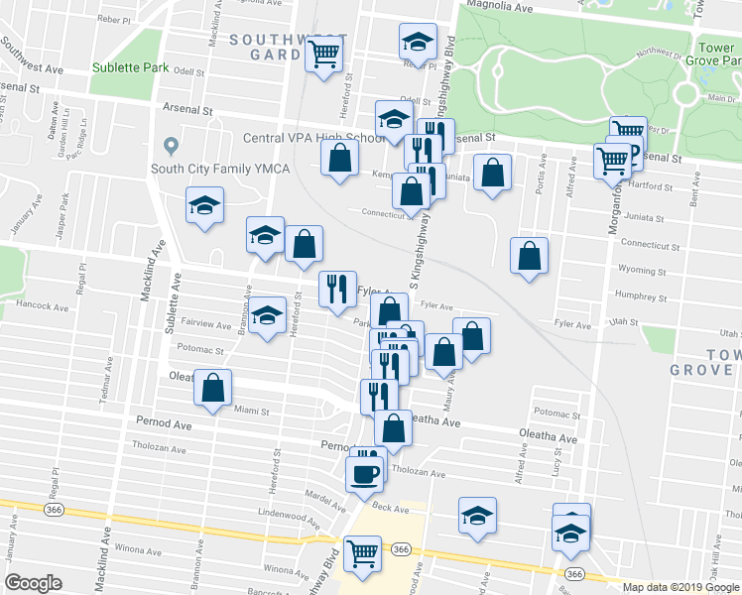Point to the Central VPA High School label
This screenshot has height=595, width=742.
point(309,138)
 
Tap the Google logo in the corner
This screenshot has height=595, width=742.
point(33,583)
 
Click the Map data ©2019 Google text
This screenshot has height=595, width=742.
point(680,586)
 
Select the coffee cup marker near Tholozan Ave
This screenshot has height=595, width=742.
point(364,471)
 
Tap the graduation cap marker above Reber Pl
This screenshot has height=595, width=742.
point(418,42)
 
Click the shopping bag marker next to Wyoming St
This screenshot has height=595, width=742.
point(531,255)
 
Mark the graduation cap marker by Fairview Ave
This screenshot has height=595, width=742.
point(266,315)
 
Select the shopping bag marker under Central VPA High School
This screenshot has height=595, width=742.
point(340,158)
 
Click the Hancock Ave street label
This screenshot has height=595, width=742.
point(43,307)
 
